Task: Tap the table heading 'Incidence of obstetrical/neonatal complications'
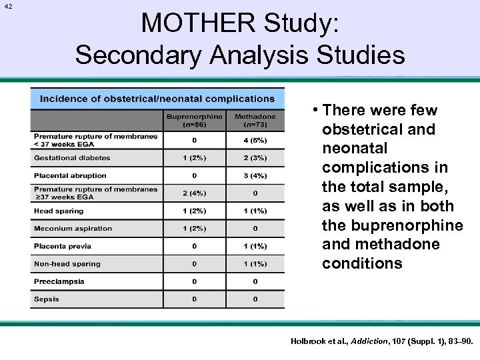157,99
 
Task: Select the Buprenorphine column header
195,121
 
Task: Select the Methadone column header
255,121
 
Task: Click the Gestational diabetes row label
72,158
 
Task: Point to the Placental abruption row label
70,175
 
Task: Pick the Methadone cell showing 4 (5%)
255,141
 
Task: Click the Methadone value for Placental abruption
255,176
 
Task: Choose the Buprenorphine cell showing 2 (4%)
195,193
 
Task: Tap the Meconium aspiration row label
73,229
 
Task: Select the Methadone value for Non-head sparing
255,264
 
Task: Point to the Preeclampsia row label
59,281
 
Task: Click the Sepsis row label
47,299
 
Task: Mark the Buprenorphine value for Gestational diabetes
195,158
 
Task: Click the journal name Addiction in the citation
368,341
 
